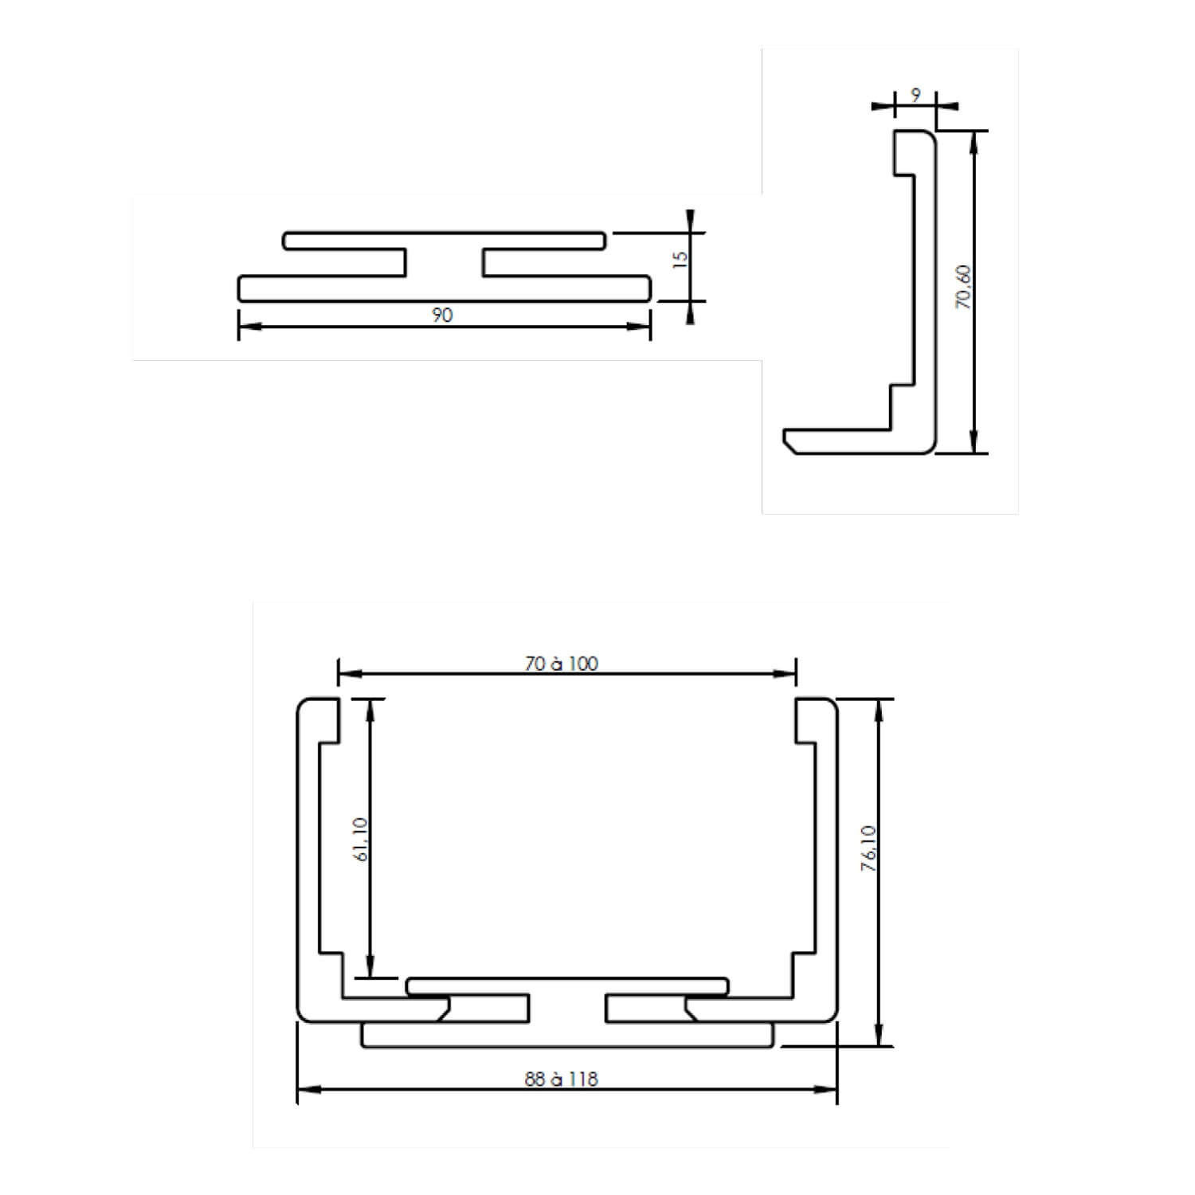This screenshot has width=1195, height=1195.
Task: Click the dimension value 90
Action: coord(442,315)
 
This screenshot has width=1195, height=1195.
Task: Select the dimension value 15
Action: coord(680,259)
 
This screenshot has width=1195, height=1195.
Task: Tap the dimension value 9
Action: coord(915,96)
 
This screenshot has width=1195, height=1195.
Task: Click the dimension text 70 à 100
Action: coord(562,664)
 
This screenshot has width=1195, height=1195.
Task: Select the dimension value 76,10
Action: coord(868,848)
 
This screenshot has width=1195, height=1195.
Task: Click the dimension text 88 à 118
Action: coord(562,1079)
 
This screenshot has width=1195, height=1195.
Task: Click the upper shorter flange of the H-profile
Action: coord(444,240)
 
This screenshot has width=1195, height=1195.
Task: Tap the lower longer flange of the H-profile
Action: coord(444,288)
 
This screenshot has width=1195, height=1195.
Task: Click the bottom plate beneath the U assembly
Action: coord(567,1035)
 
